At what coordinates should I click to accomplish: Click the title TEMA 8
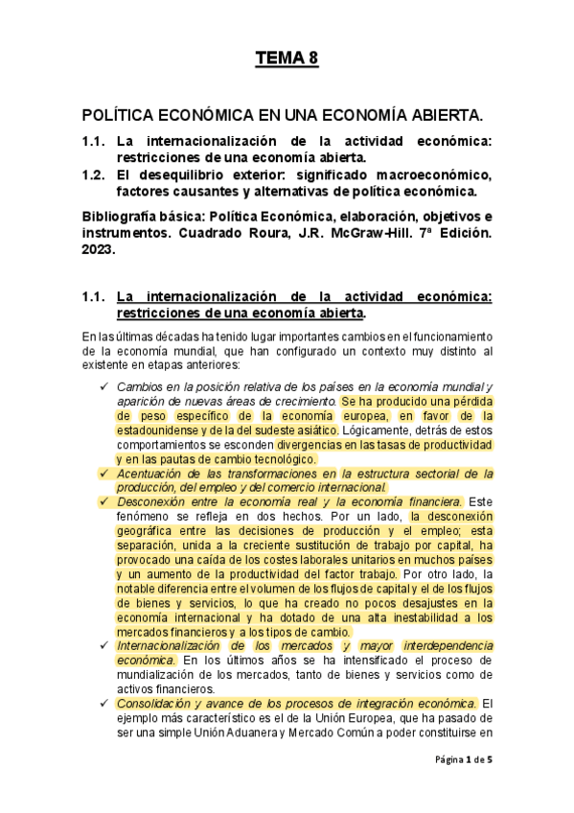coord(287,59)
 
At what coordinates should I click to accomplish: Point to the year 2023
coord(98,249)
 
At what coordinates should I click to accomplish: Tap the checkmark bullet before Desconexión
coord(103,501)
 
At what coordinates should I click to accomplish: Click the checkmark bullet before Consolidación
coord(103,703)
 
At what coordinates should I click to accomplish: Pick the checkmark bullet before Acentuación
coord(103,473)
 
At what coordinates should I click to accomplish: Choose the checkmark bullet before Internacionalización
coord(103,645)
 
